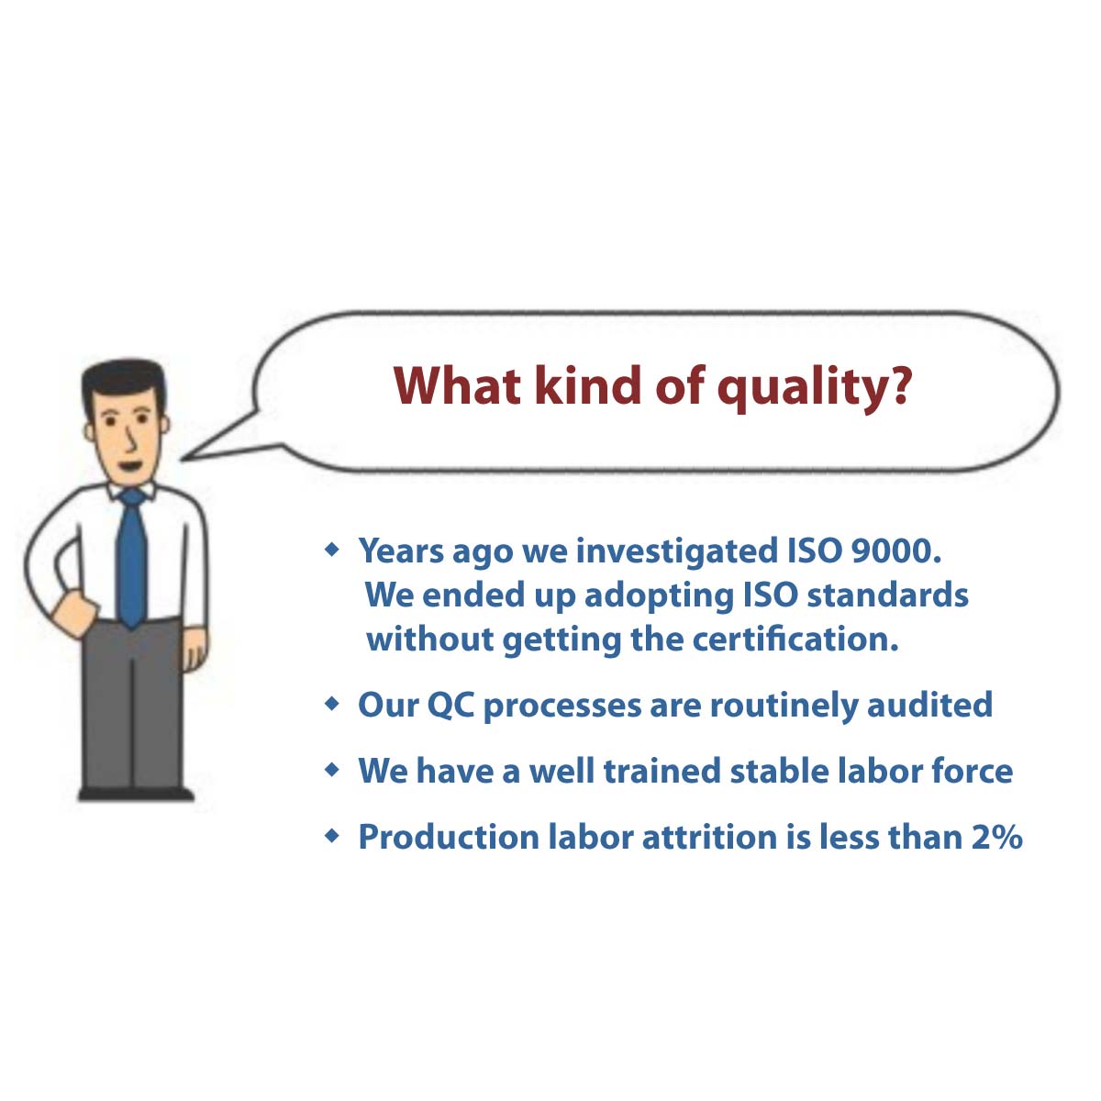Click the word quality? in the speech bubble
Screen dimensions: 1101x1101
(x=814, y=387)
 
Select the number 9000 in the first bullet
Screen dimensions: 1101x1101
(x=895, y=550)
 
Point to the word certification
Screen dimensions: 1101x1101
(x=795, y=639)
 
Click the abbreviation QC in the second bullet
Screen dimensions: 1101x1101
(x=450, y=705)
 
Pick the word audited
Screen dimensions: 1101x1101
(x=929, y=705)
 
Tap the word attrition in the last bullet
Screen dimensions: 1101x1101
(x=709, y=837)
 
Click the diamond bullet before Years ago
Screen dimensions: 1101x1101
(x=331, y=550)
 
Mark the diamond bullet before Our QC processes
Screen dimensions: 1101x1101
(x=331, y=704)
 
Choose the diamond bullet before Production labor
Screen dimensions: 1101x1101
(x=331, y=837)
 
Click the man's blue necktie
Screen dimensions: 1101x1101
(x=132, y=559)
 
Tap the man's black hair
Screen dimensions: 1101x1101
(x=123, y=380)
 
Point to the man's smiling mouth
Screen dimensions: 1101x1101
(x=131, y=466)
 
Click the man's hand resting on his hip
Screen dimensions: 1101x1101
(x=72, y=614)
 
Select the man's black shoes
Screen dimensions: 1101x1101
(x=136, y=794)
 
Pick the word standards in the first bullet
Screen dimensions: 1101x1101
(x=887, y=595)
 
